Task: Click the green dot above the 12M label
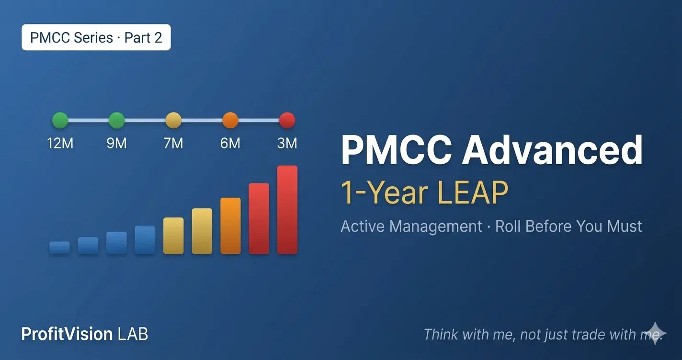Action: [x=60, y=120]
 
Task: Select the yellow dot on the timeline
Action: [x=173, y=120]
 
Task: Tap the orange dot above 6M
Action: [x=230, y=120]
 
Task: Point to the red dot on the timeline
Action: [x=287, y=120]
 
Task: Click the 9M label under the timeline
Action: [x=116, y=143]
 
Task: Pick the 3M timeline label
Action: [x=287, y=143]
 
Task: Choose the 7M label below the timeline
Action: [x=173, y=143]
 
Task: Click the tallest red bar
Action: [x=287, y=210]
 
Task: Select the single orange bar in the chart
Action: [x=230, y=226]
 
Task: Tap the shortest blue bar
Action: [x=59, y=247]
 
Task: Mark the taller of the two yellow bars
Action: [x=202, y=231]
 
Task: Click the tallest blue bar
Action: [x=145, y=240]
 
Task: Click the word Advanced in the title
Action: [x=552, y=150]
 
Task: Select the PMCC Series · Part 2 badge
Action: [x=96, y=37]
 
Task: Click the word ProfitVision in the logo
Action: [x=67, y=334]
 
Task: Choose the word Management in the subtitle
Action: [x=436, y=226]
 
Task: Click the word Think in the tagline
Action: [x=441, y=334]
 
